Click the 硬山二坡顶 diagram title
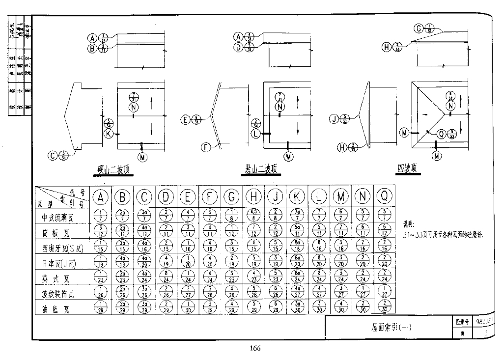click(114, 170)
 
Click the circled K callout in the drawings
click(109, 133)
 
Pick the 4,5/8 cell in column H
click(254, 215)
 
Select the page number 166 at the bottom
click(254, 349)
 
